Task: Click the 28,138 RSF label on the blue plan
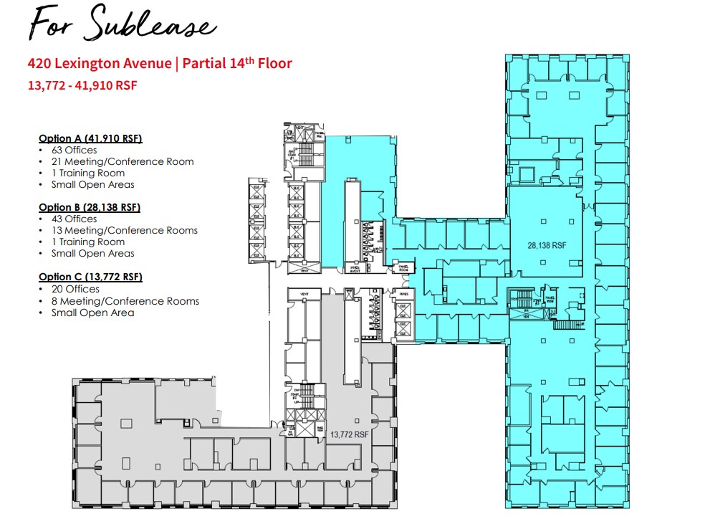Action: point(547,245)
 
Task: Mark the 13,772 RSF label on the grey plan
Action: point(349,434)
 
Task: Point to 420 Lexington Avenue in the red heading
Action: point(100,64)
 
